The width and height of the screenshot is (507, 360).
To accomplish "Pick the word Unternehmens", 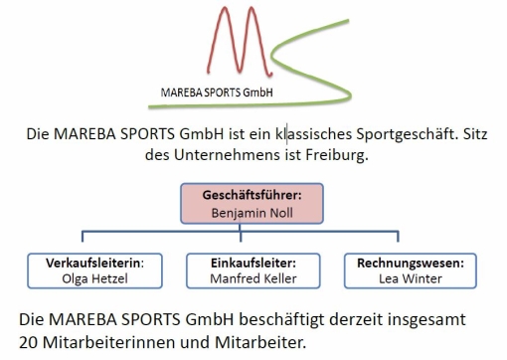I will coord(226,154).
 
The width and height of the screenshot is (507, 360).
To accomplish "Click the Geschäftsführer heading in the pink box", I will coord(252,196).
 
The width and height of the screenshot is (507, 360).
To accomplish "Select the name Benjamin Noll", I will coord(252,212).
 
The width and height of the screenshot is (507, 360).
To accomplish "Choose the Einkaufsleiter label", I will coord(253,264).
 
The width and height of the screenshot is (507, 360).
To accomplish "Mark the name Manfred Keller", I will coord(253,279).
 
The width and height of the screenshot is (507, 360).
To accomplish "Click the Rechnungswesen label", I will coord(408,264).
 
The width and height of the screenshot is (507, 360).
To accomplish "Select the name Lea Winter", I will coord(408,279).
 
